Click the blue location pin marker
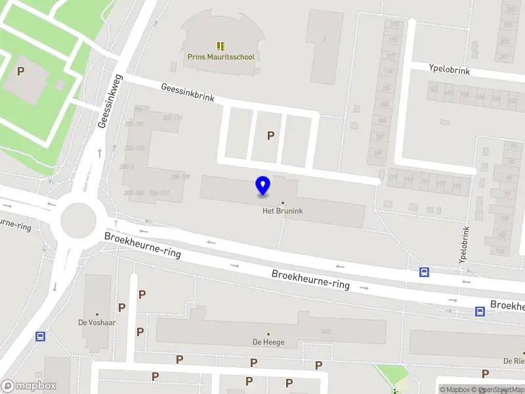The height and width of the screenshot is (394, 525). pyautogui.click(x=262, y=186)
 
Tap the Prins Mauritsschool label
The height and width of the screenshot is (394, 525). pyautogui.click(x=220, y=57)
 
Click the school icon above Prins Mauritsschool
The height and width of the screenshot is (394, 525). pyautogui.click(x=220, y=46)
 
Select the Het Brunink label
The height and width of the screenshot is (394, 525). pyautogui.click(x=283, y=211)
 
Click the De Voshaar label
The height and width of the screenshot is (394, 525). pyautogui.click(x=97, y=322)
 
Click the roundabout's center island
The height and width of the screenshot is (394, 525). pyautogui.click(x=78, y=221)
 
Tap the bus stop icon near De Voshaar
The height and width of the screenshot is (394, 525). pyautogui.click(x=41, y=337)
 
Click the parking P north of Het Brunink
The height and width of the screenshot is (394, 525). pyautogui.click(x=270, y=136)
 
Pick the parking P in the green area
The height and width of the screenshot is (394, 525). pyautogui.click(x=21, y=71)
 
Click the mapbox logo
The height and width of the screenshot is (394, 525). pyautogui.click(x=29, y=386)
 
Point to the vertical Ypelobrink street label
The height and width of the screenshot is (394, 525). pyautogui.click(x=465, y=245)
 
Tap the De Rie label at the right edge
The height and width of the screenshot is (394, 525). pyautogui.click(x=513, y=361)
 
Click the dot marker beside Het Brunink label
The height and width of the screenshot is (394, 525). pyautogui.click(x=283, y=203)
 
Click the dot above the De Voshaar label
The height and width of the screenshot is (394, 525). pyautogui.click(x=97, y=315)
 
